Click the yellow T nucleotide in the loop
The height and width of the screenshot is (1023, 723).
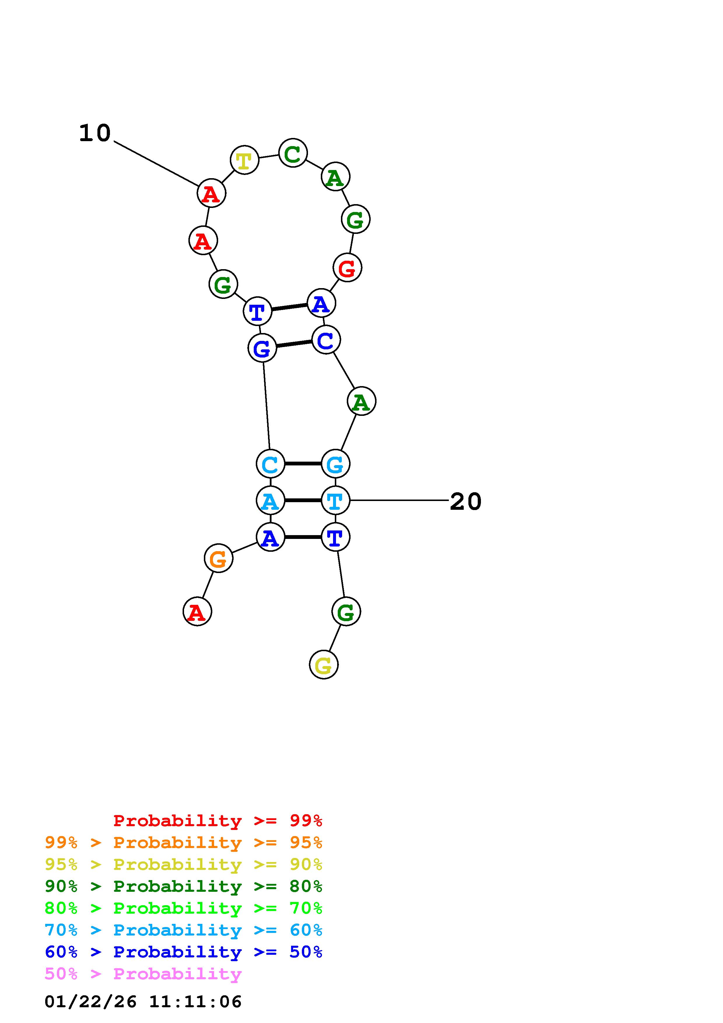click(244, 160)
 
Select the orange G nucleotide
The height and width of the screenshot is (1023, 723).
click(218, 558)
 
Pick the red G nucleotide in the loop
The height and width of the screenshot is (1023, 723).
click(347, 268)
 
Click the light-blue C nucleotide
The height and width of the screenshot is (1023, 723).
click(270, 464)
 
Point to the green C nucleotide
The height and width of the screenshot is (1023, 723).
click(293, 153)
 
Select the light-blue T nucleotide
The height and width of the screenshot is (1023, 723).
click(335, 500)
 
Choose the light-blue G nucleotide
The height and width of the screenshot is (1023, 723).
click(335, 464)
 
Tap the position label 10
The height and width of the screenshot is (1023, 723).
click(94, 133)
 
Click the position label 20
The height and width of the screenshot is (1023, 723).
click(465, 501)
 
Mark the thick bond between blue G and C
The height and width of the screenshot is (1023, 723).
click(294, 344)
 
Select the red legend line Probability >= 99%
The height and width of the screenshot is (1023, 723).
click(218, 821)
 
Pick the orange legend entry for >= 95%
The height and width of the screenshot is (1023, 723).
click(183, 842)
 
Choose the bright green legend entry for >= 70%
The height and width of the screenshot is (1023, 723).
click(183, 908)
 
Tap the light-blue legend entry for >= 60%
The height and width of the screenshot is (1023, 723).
click(183, 930)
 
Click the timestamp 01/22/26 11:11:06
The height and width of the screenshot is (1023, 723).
click(143, 1002)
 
